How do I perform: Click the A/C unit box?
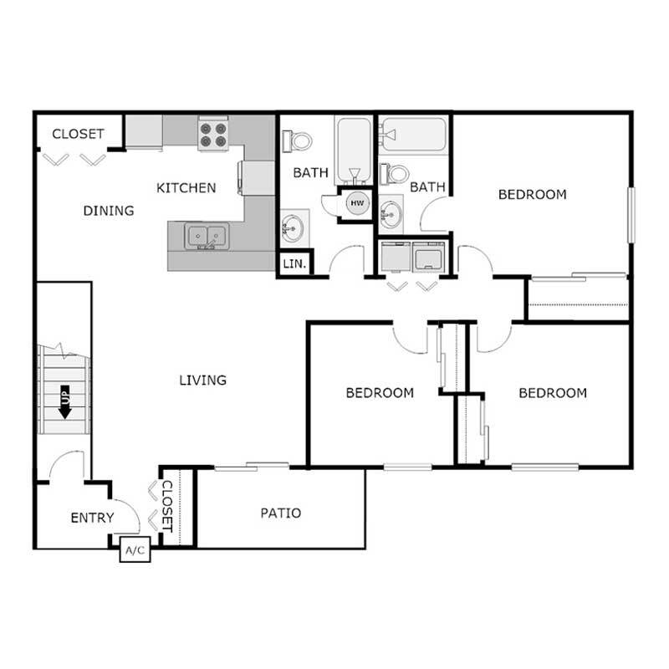(x=135, y=550)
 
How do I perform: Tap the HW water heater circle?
(x=357, y=203)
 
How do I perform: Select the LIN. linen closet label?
(x=294, y=263)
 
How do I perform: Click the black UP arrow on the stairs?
(x=64, y=402)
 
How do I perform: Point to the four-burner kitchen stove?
(x=212, y=135)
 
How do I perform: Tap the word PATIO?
(x=280, y=513)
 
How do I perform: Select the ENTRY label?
(x=91, y=518)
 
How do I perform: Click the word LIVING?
(x=203, y=380)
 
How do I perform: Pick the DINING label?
(x=109, y=211)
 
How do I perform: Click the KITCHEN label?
(x=186, y=187)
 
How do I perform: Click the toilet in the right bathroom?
(x=394, y=174)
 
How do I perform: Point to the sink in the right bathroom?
(x=391, y=216)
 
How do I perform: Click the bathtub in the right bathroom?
(x=414, y=135)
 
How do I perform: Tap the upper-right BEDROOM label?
(x=532, y=195)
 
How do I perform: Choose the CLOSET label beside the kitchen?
(x=78, y=134)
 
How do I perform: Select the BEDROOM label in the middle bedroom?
(x=380, y=392)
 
